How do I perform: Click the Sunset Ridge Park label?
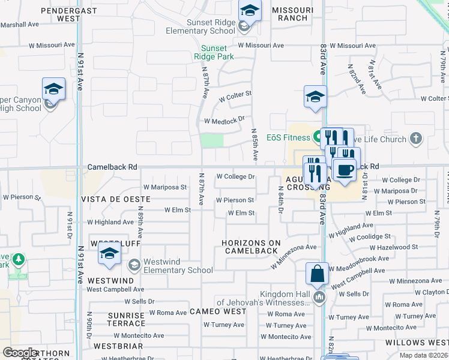coord(214,52)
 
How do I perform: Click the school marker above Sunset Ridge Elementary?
coord(250,10)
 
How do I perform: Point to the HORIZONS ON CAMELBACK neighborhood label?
coord(252,247)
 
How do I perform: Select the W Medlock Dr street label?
coord(224,120)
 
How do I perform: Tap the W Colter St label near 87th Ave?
coord(235,95)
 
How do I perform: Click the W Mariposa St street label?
coord(165,187)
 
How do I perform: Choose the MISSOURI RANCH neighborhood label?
coord(292,14)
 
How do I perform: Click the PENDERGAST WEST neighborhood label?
coord(61,14)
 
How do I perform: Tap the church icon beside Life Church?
coord(415,140)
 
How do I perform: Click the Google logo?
coord(20,353)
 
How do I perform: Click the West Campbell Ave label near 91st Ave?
coord(110,290)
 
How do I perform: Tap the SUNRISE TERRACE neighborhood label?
coord(127,319)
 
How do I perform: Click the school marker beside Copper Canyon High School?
coord(53,90)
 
